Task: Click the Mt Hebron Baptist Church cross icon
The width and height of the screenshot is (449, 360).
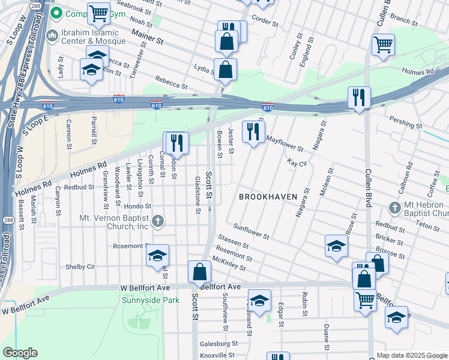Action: [x=394, y=208]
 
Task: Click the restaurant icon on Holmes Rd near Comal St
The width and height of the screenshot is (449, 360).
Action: [x=176, y=143]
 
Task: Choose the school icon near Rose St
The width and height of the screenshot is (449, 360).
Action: [x=336, y=245]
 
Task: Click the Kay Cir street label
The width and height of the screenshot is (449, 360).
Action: [x=297, y=163]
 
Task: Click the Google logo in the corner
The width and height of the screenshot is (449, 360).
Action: [x=20, y=353]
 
